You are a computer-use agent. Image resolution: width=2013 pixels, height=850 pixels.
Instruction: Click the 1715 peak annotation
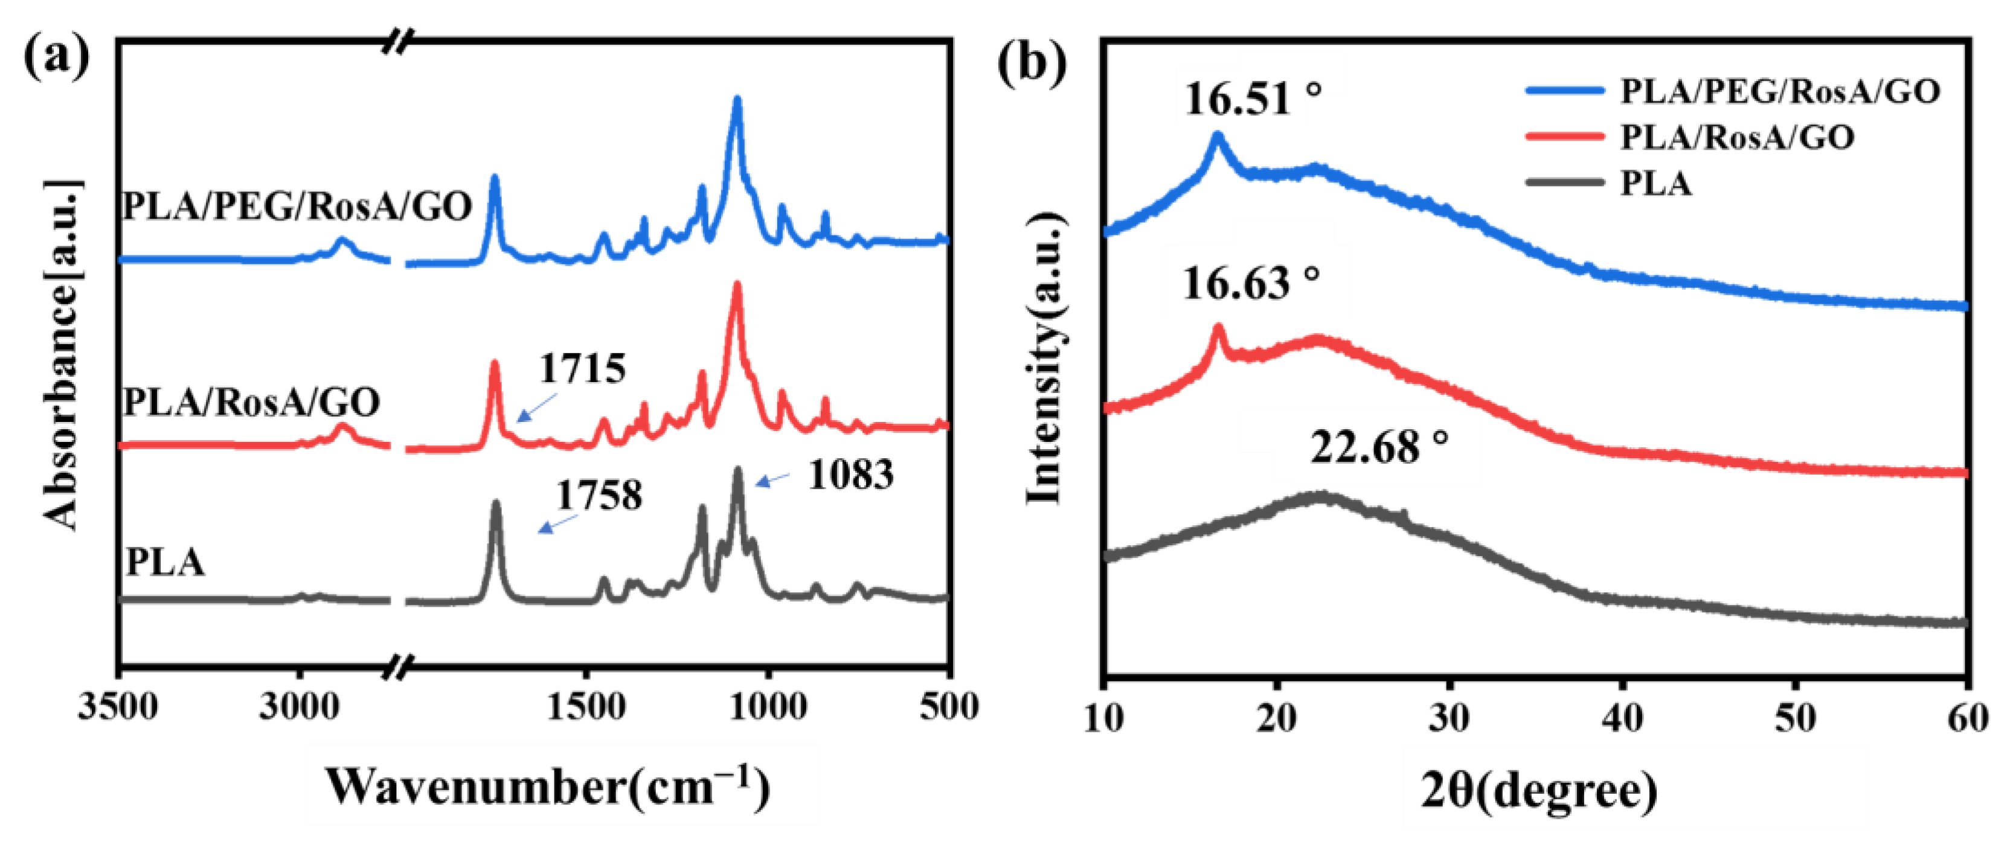click(582, 368)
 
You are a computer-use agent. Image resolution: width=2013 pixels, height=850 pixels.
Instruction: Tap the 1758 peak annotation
click(599, 495)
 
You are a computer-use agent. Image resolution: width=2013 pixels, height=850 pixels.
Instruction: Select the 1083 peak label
click(850, 475)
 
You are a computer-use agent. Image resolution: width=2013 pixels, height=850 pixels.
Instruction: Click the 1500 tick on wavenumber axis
click(585, 708)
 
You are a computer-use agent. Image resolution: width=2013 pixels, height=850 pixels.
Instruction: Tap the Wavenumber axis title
click(547, 787)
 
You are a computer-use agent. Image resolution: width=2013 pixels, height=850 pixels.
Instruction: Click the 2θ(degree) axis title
click(1538, 791)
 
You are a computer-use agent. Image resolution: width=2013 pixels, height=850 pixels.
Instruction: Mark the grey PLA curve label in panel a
click(165, 563)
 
